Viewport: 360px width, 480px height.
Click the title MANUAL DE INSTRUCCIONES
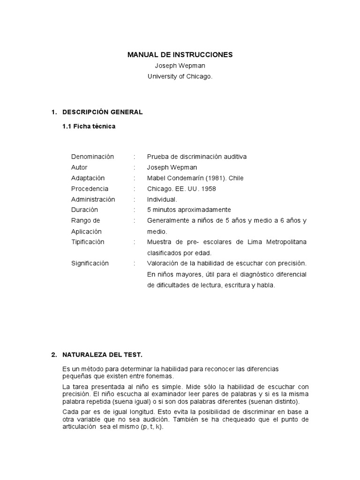tap(180, 55)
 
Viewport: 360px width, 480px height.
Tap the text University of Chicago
tap(180, 76)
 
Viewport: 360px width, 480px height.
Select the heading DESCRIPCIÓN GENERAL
tap(102, 112)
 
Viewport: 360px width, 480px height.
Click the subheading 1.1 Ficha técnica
tap(89, 127)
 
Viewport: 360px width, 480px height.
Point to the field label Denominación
tap(92, 157)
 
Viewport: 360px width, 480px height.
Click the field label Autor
tap(79, 167)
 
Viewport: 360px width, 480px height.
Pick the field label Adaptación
tap(88, 178)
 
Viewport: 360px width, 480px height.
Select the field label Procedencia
tap(90, 189)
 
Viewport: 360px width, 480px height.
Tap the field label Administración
tap(93, 199)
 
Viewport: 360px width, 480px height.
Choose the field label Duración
tap(84, 210)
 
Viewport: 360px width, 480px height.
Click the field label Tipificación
tap(88, 242)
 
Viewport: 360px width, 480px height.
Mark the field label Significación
tap(90, 263)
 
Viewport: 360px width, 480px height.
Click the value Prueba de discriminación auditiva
tap(196, 157)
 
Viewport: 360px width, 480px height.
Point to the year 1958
tap(209, 189)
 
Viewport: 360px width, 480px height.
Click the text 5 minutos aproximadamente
tap(189, 210)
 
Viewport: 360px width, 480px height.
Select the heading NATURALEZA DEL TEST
tap(102, 355)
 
